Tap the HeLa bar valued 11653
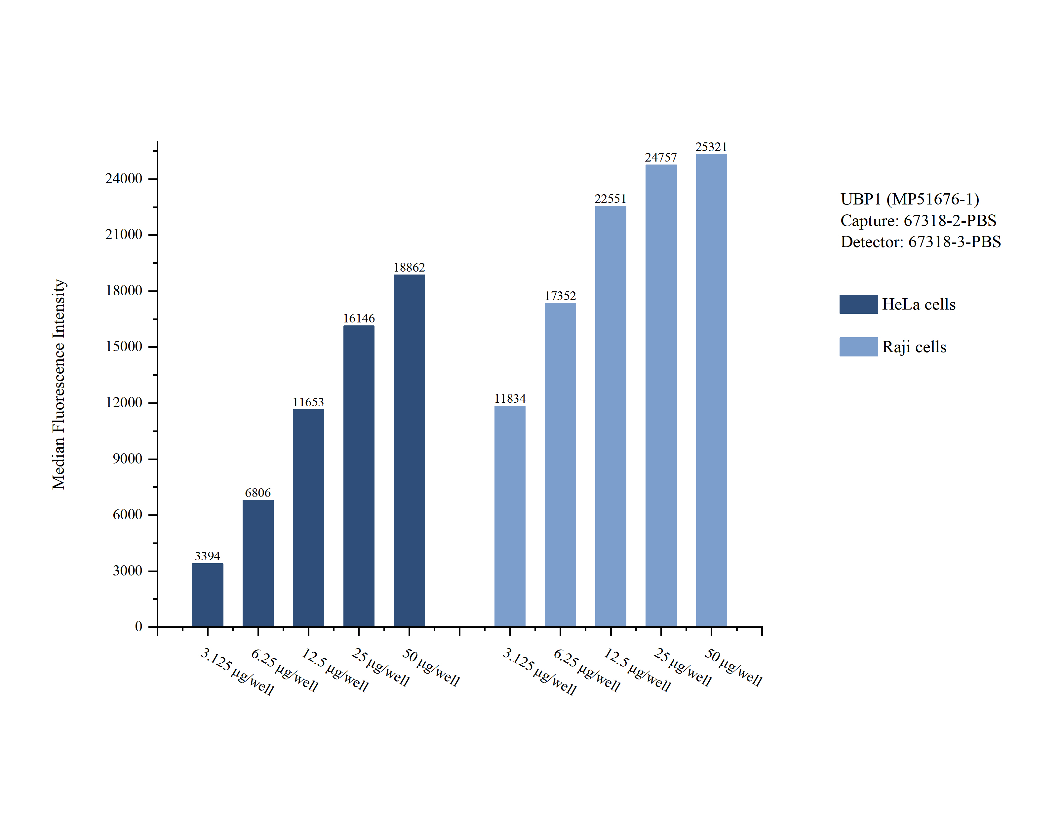click(x=308, y=518)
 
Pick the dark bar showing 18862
click(x=409, y=450)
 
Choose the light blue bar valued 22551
click(x=610, y=416)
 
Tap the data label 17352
click(x=560, y=296)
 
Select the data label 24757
click(x=661, y=157)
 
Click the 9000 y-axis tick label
click(x=127, y=459)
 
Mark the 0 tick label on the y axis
click(x=138, y=627)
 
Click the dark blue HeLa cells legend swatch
click(x=858, y=304)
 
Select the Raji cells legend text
click(x=914, y=347)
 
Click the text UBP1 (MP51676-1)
click(x=910, y=199)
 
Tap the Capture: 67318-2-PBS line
click(x=918, y=221)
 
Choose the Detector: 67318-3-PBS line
click(x=920, y=242)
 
